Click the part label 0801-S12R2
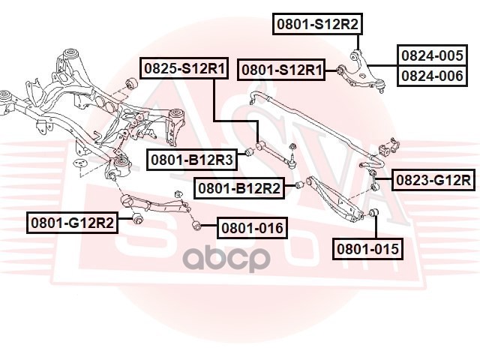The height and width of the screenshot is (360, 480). point(317,24)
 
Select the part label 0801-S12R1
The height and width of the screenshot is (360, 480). point(282,70)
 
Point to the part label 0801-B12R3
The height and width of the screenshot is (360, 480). point(191,159)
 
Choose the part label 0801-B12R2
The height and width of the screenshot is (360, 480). point(239,187)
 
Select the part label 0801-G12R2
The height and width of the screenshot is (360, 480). point(73,223)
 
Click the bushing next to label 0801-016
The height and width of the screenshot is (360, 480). point(197,224)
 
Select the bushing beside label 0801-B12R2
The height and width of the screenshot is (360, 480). point(298,185)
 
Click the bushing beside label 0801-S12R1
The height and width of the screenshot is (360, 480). point(340,70)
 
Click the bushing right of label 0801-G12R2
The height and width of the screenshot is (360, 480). point(136,219)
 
